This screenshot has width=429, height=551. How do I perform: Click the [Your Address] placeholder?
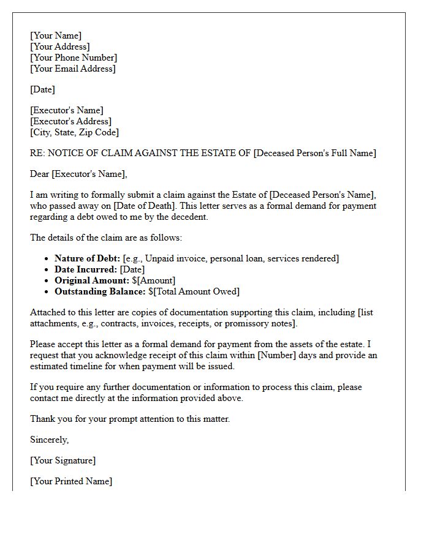point(59,47)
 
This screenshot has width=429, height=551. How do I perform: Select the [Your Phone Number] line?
point(74,58)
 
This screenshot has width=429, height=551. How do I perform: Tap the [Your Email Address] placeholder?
point(72,69)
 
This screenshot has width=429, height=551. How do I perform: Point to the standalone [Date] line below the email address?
point(42,89)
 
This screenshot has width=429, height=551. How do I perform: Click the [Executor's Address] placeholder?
point(70,121)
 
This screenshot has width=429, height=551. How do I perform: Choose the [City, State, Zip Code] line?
point(74,132)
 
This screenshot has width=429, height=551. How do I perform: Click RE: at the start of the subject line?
point(37,153)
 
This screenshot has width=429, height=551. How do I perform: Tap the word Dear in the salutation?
point(40,174)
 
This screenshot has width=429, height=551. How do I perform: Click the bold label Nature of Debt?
point(87,258)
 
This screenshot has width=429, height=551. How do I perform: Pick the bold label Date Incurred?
point(86,269)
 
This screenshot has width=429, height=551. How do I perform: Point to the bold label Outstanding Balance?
point(100,291)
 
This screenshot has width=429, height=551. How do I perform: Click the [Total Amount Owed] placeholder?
point(196,291)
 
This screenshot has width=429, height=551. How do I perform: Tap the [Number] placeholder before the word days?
point(286,355)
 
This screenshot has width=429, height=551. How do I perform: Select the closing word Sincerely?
point(50,440)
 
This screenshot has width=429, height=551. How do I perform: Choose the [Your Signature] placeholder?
point(63,460)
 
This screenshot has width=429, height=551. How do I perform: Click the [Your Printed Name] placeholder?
point(71,481)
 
